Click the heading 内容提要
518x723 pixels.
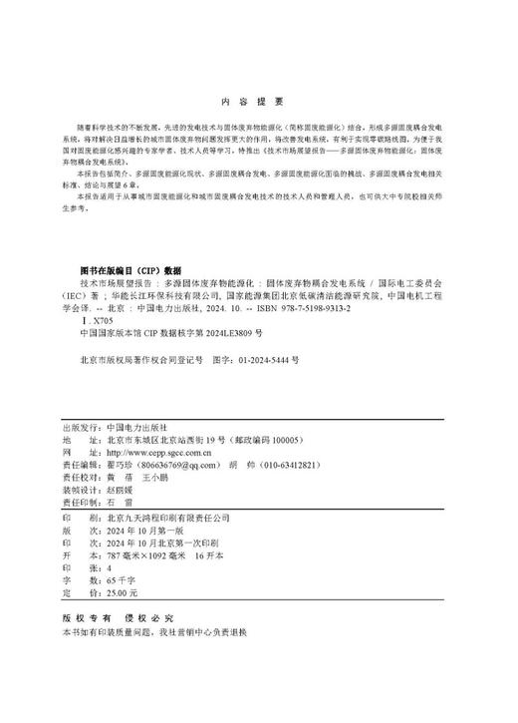click(x=258, y=101)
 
